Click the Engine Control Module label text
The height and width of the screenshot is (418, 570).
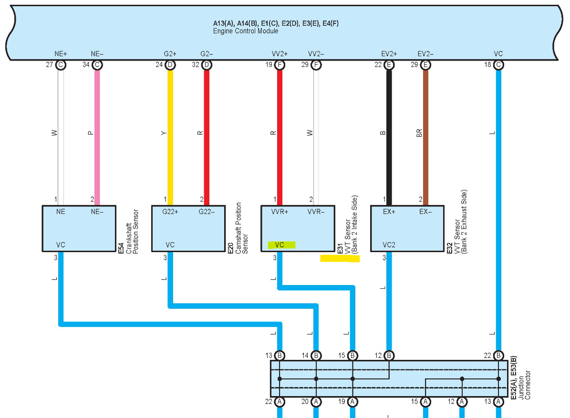(245, 31)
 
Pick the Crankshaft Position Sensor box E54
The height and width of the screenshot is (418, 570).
(79, 228)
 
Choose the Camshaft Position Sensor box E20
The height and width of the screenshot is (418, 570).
(188, 228)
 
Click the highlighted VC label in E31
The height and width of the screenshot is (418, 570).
(281, 245)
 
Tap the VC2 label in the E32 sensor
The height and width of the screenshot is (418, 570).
(389, 245)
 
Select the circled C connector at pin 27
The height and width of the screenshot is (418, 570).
(61, 65)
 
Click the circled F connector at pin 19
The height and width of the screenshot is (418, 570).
(280, 65)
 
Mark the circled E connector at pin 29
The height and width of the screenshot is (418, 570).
(425, 65)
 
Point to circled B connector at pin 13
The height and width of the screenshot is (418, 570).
(280, 355)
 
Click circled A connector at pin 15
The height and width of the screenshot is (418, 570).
(425, 402)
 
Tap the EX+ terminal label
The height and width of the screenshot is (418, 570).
(389, 212)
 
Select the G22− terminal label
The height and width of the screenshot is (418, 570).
(207, 212)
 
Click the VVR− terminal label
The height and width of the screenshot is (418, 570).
(316, 212)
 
